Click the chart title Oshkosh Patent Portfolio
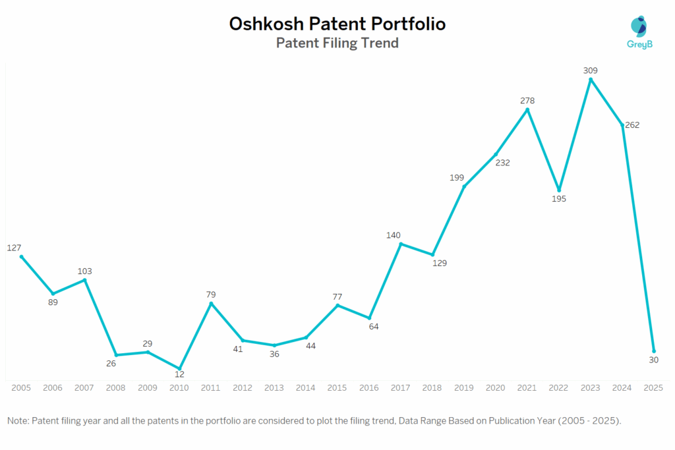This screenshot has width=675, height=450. (x=337, y=24)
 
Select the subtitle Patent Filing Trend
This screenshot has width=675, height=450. (x=337, y=43)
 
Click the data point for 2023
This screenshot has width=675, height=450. (x=591, y=80)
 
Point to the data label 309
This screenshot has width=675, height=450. (x=591, y=70)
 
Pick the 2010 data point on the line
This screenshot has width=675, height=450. (x=179, y=368)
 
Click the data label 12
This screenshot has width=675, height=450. (x=179, y=374)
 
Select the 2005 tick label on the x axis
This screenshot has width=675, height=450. (x=21, y=388)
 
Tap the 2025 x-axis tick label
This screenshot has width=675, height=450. (x=654, y=388)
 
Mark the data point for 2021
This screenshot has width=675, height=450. (x=527, y=109)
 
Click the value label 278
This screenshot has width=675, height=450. (x=527, y=101)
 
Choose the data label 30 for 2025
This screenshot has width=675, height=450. (x=653, y=360)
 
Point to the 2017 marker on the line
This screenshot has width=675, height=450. (x=401, y=244)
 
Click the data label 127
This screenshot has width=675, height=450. (x=15, y=248)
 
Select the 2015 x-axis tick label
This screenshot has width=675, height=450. (x=337, y=388)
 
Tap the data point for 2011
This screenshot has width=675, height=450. (x=211, y=304)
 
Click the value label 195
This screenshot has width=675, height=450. (x=559, y=198)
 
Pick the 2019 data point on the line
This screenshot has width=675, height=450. (x=464, y=186)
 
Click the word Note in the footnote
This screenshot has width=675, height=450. (x=18, y=420)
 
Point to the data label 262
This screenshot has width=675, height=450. (x=632, y=125)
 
